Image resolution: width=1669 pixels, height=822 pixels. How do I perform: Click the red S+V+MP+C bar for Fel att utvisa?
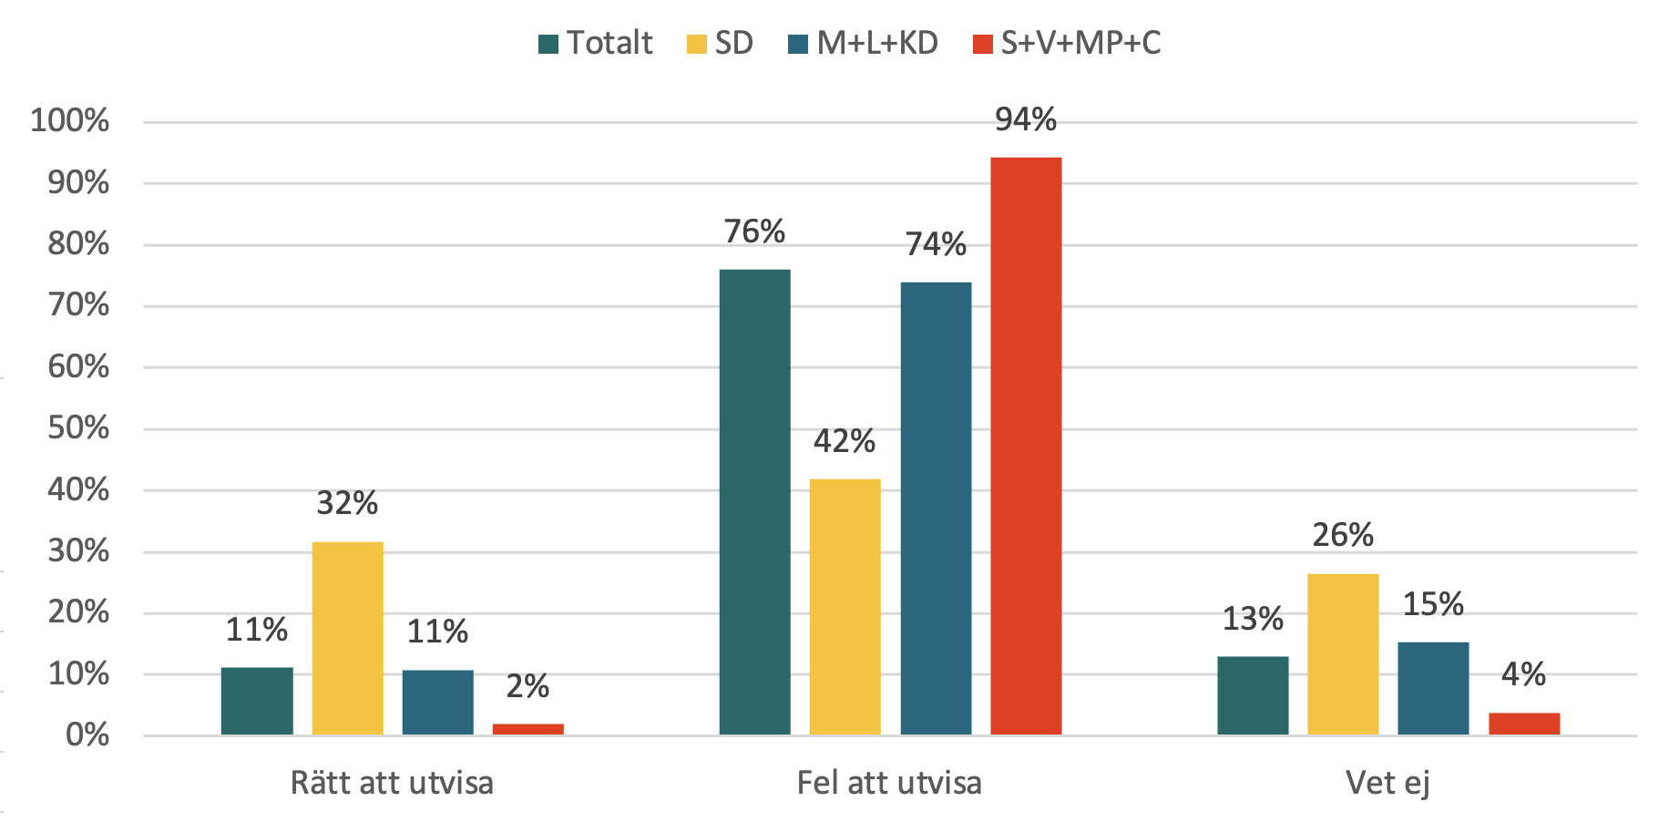(x=1026, y=447)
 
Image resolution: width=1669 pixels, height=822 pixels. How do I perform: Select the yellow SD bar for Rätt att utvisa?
(x=347, y=638)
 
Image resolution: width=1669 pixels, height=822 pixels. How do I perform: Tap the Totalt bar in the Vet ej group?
(x=1253, y=695)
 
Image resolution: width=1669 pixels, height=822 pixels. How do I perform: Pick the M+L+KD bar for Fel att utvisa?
(x=936, y=509)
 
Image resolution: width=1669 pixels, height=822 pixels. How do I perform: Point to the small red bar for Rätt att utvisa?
(x=527, y=729)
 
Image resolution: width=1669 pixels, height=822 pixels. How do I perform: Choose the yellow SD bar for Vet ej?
(x=1343, y=654)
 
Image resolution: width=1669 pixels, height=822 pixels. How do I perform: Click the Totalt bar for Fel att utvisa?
(x=754, y=502)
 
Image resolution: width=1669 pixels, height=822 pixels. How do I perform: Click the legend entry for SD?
(x=720, y=43)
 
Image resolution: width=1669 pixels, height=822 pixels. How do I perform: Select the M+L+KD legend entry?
(x=864, y=43)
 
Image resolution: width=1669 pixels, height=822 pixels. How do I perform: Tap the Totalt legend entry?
(x=596, y=43)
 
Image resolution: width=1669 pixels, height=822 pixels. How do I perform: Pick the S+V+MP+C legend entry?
(x=1067, y=43)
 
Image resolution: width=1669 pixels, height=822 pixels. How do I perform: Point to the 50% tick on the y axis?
(x=78, y=428)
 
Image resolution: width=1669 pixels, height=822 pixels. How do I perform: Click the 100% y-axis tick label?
(x=70, y=120)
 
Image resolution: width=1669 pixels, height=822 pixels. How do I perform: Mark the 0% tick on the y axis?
(x=87, y=735)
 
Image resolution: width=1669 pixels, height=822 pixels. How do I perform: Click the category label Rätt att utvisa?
(x=392, y=783)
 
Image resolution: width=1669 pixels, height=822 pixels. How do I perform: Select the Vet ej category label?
(x=1387, y=783)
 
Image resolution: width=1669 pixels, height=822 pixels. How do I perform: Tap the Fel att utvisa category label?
(x=889, y=783)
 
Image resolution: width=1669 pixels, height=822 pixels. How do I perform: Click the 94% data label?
(x=1026, y=119)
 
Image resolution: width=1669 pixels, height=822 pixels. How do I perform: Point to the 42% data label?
(x=845, y=441)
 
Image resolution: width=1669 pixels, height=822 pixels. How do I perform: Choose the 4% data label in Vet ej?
(x=1523, y=674)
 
